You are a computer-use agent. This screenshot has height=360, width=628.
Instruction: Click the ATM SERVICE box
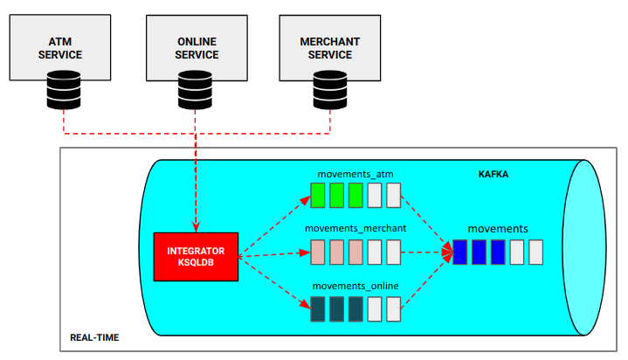(x=65, y=48)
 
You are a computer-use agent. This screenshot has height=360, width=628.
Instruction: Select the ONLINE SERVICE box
(x=197, y=48)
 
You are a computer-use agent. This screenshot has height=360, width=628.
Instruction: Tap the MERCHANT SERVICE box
(x=328, y=48)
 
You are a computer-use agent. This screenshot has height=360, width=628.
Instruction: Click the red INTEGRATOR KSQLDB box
(x=195, y=257)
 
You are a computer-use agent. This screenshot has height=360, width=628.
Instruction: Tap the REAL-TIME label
(x=94, y=337)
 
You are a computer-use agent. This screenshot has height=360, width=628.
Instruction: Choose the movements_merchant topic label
(x=355, y=229)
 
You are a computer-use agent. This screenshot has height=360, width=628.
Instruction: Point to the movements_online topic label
(x=355, y=286)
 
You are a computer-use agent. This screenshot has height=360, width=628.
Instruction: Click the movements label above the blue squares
(x=497, y=229)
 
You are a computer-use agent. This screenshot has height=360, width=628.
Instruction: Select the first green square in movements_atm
(x=318, y=195)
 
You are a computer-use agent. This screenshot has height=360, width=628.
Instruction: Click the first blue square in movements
(x=460, y=252)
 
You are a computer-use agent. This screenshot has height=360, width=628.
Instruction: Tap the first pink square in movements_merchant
(x=318, y=252)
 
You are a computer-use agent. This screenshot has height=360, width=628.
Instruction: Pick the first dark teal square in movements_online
(x=318, y=308)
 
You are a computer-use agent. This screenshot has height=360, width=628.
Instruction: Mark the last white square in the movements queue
(x=536, y=252)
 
